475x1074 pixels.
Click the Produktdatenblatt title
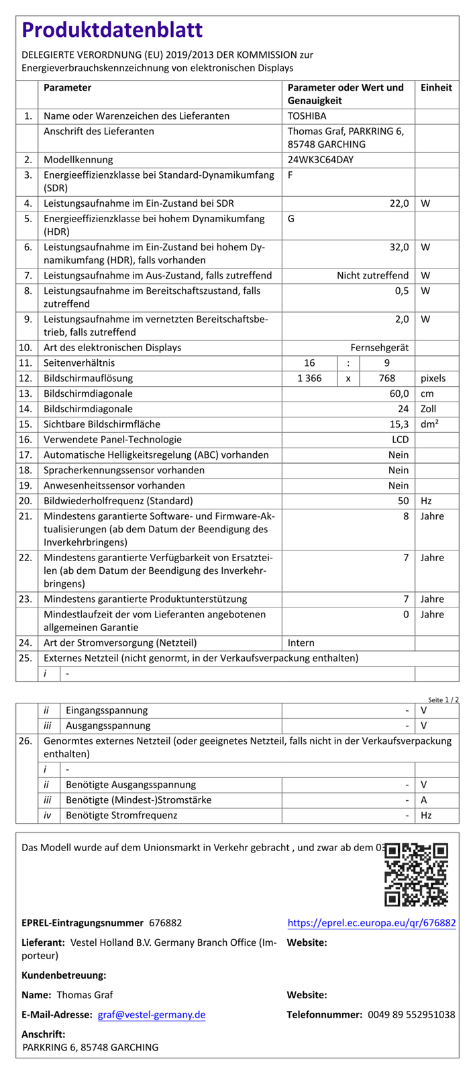112,30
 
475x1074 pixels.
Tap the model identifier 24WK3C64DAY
321,160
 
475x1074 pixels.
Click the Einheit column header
436,88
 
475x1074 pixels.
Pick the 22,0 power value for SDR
399,203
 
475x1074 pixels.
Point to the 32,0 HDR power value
399,247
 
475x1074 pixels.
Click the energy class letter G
291,219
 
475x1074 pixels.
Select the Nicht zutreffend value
372,275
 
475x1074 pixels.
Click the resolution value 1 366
309,379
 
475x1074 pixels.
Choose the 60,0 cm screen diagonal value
399,393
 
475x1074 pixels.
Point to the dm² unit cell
429,424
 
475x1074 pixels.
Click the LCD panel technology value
400,440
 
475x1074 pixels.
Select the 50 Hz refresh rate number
403,501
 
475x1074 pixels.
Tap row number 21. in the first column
26,516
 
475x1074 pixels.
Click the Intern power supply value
301,643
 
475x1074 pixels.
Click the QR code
416,875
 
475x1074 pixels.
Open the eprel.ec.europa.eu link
372,924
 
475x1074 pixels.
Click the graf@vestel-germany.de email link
152,1015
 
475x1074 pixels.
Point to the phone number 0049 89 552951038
411,1015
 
